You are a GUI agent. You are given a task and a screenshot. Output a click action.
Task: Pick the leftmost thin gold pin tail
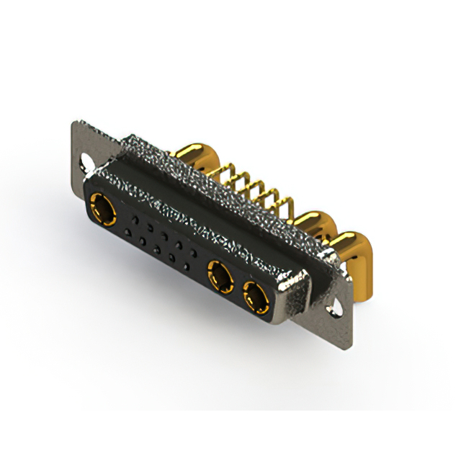click(x=228, y=171)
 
